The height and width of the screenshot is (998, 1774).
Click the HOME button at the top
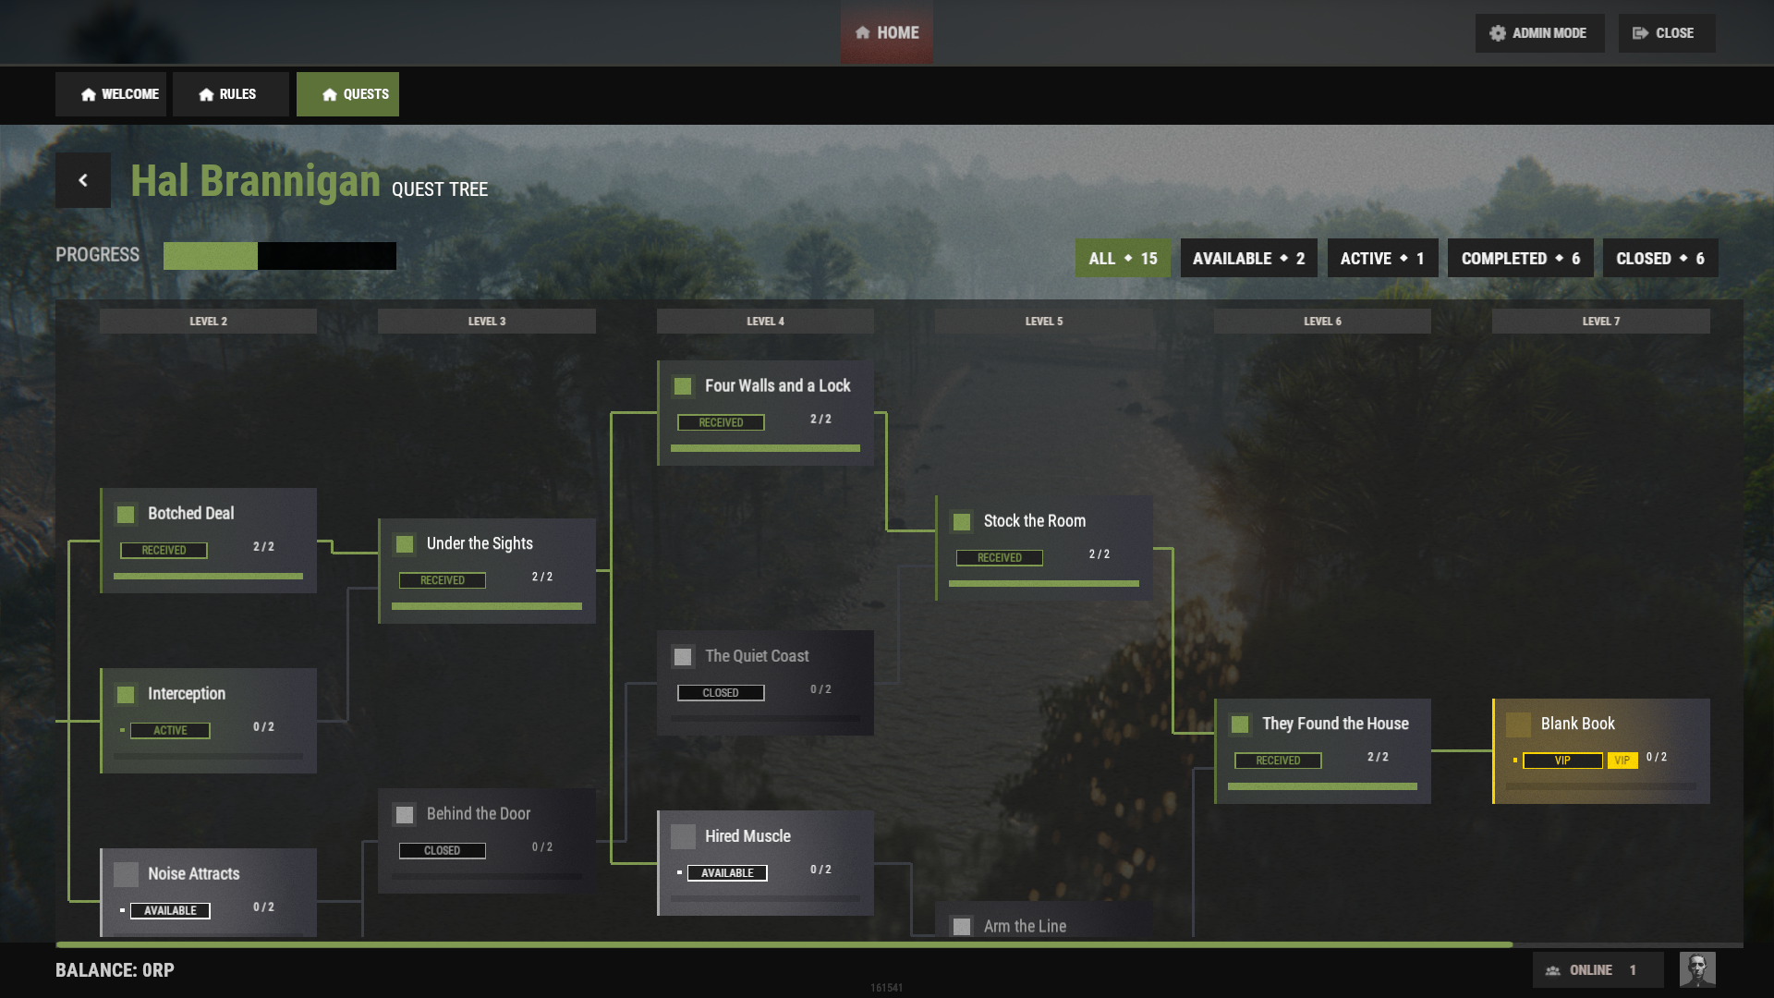coord(886,33)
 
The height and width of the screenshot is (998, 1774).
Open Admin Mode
coord(1539,33)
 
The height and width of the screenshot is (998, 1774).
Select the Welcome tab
coord(111,94)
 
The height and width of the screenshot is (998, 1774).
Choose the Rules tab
coord(230,94)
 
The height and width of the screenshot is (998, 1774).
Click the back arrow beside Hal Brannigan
coord(83,180)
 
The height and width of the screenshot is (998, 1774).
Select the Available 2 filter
coord(1248,259)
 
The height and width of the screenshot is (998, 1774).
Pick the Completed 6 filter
coord(1520,259)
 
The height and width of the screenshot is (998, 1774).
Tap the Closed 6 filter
coord(1660,259)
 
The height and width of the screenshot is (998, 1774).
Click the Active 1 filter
coord(1382,259)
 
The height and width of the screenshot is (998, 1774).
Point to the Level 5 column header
coord(1044,322)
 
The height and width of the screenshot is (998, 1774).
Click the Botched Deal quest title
coord(191,514)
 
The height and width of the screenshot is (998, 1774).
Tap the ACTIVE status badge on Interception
coord(170,731)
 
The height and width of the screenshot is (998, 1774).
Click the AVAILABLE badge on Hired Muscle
coord(727,873)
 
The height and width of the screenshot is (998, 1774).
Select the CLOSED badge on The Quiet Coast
coord(721,693)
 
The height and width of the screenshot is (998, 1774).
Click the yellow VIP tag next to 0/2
coord(1622,761)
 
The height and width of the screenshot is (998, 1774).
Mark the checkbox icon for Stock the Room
coord(962,522)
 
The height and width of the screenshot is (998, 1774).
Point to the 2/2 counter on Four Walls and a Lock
coord(820,420)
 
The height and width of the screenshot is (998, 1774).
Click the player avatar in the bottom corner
coord(1697,970)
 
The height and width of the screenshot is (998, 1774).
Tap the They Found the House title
coord(1336,724)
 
